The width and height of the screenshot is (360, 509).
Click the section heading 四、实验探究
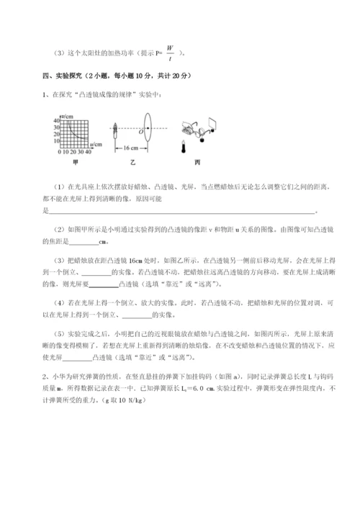(64, 76)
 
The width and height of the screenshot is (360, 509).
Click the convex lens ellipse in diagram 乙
(147, 130)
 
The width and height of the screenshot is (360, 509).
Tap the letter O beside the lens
(140, 132)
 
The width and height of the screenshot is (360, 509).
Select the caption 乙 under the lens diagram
(135, 162)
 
